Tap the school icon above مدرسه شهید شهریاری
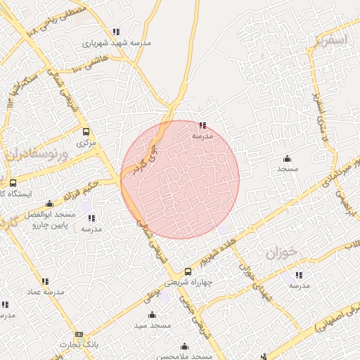pos(116,32)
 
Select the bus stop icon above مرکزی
pos(86,131)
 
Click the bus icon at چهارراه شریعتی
pos(187,271)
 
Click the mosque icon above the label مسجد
pos(287,158)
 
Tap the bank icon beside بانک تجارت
pos(79,334)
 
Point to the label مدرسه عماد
pos(46,292)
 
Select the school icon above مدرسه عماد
pos(46,281)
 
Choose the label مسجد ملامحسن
pos(185,357)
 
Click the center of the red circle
pos(180,179)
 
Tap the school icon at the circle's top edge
pos(202,125)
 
